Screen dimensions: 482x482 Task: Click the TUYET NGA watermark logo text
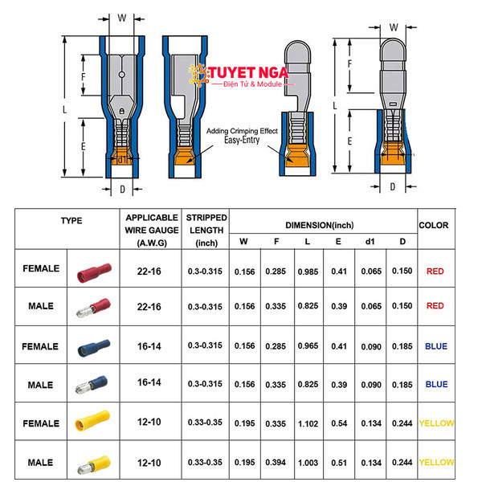(x=248, y=73)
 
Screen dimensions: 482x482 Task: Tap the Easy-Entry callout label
(x=242, y=140)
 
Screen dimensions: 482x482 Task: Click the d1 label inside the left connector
(x=122, y=160)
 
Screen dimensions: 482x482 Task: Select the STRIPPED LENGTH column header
(x=206, y=231)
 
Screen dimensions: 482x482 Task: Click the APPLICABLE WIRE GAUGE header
(x=152, y=231)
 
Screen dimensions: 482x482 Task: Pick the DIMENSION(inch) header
(x=320, y=225)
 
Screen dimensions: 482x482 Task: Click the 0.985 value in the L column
(x=308, y=272)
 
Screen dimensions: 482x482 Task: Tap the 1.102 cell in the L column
(x=308, y=424)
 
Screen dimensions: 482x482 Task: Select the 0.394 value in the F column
(x=276, y=463)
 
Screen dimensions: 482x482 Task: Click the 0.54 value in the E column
(x=339, y=423)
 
